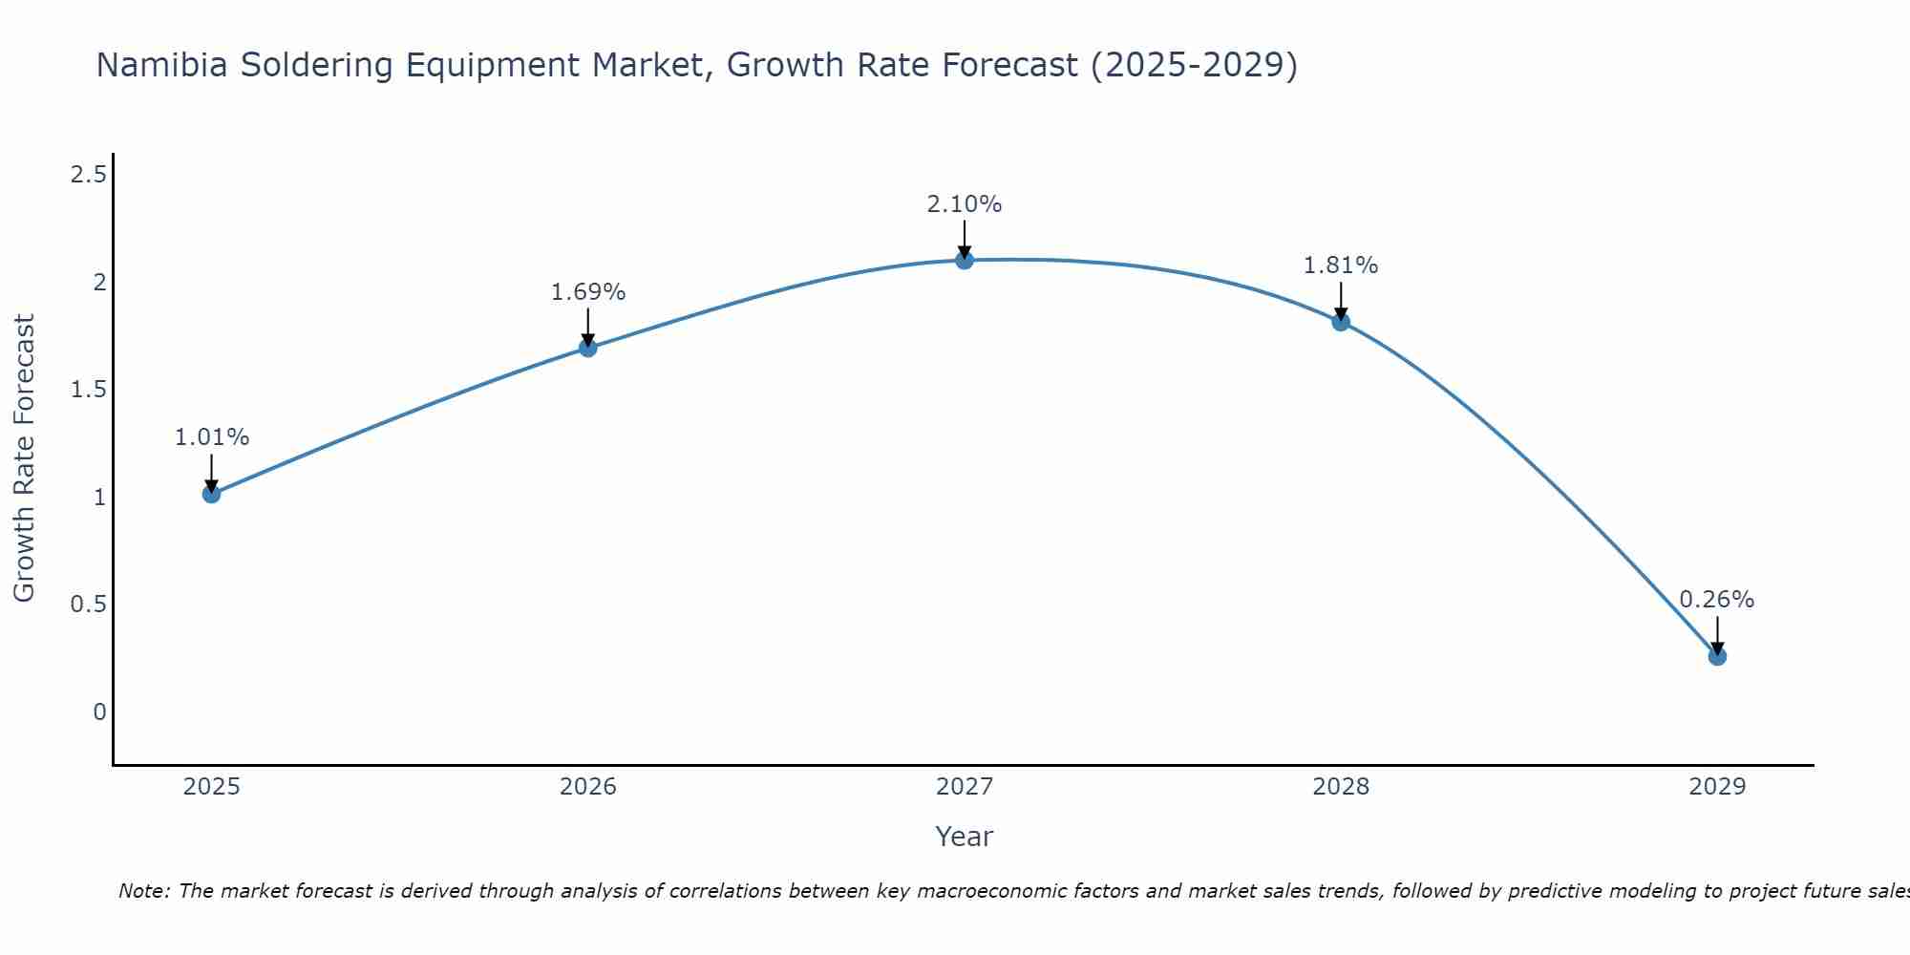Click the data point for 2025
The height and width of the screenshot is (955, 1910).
(212, 494)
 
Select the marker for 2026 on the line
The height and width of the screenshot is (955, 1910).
(588, 348)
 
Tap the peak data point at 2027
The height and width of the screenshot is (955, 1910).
(965, 260)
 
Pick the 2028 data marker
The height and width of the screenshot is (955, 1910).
(1341, 322)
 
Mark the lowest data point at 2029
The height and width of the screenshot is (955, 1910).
(1717, 656)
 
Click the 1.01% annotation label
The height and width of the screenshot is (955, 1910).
(212, 437)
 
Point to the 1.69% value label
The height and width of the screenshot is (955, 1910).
(588, 292)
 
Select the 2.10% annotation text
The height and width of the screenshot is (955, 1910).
(965, 204)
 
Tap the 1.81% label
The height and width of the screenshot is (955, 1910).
(1341, 265)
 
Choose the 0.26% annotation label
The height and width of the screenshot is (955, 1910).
(1717, 600)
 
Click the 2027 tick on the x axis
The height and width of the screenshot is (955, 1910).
(965, 787)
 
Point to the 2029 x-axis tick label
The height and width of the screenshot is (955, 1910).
(1717, 787)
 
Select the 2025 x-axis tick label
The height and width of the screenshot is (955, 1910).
(212, 787)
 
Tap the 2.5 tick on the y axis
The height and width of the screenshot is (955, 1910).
(88, 175)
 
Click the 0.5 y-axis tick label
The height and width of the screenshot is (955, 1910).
(88, 605)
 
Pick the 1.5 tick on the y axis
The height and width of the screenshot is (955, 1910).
(88, 390)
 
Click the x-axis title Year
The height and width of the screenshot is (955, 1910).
(965, 837)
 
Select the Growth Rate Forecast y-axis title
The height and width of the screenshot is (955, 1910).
(25, 458)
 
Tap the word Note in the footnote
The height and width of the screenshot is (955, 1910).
(143, 891)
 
